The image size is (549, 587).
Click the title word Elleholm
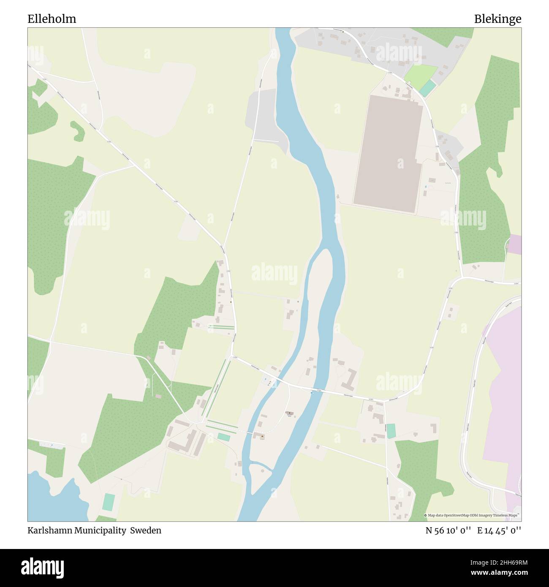52,19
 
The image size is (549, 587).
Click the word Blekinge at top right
497,19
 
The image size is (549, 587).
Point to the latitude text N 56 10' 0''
448,530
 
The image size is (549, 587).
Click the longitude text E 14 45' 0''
499,530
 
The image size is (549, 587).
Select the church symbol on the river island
290,413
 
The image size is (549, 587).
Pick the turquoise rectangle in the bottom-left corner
109,502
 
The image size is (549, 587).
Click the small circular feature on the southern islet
263,470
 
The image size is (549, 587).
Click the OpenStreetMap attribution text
473,515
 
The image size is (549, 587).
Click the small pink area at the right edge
515,245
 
